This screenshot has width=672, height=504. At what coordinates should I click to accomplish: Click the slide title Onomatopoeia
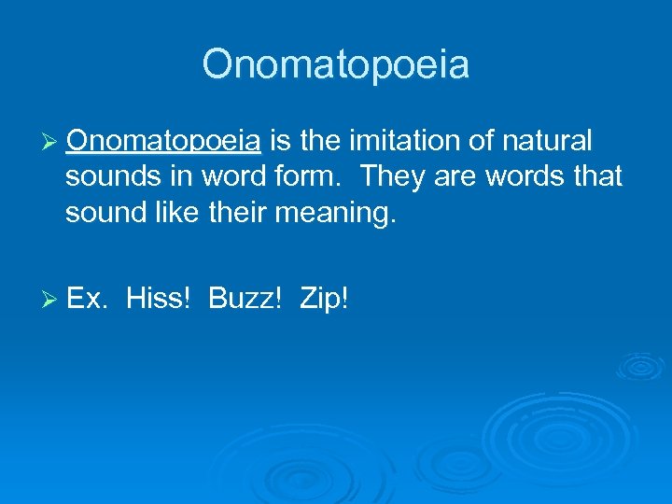(x=335, y=65)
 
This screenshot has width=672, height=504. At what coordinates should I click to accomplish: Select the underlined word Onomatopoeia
(x=163, y=141)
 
